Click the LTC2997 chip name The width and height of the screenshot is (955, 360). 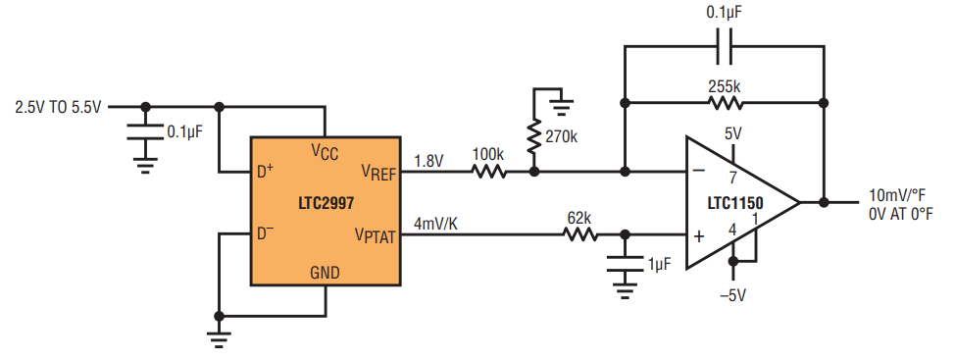pyautogui.click(x=326, y=203)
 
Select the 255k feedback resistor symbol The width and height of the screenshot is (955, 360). pyautogui.click(x=726, y=104)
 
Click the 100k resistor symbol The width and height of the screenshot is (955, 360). pyautogui.click(x=489, y=173)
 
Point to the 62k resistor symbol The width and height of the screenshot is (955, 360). pyautogui.click(x=580, y=234)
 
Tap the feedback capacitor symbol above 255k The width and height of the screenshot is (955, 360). pyautogui.click(x=724, y=46)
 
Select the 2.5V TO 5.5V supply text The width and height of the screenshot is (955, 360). pyautogui.click(x=58, y=108)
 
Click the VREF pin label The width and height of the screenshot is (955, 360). pyautogui.click(x=378, y=174)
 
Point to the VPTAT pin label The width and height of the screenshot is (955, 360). pyautogui.click(x=376, y=236)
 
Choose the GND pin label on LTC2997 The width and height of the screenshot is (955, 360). pyautogui.click(x=325, y=273)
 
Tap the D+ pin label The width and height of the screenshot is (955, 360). pyautogui.click(x=265, y=173)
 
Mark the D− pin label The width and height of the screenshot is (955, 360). pyautogui.click(x=265, y=233)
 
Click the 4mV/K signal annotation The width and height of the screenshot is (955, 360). pyautogui.click(x=435, y=224)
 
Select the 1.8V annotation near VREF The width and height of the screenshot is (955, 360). pyautogui.click(x=428, y=162)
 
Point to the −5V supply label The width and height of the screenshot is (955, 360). pyautogui.click(x=731, y=296)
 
